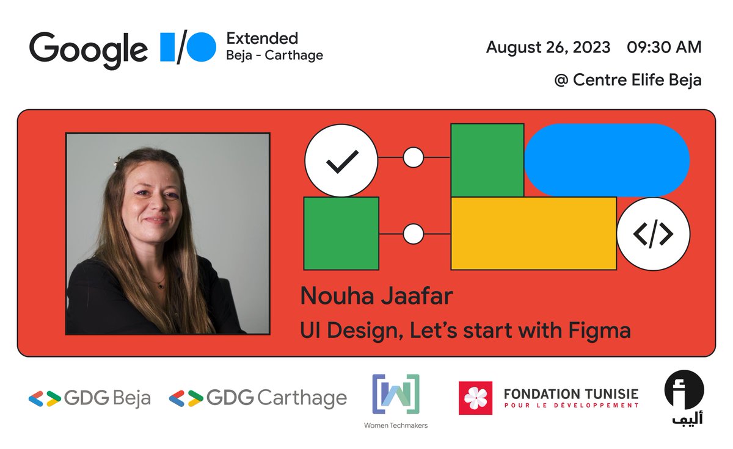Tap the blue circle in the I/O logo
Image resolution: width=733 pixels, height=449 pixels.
click(x=201, y=47)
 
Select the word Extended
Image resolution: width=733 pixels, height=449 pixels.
click(x=262, y=38)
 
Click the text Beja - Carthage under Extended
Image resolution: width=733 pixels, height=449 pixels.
click(x=274, y=56)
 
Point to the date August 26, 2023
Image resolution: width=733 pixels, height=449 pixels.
click(x=548, y=47)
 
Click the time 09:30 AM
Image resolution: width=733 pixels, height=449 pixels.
click(x=664, y=47)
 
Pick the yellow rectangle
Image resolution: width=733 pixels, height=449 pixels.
click(x=533, y=233)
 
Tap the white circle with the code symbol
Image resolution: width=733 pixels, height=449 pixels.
click(x=653, y=234)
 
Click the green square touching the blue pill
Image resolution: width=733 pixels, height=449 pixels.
click(x=487, y=160)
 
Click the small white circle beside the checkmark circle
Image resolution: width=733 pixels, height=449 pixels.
click(x=414, y=157)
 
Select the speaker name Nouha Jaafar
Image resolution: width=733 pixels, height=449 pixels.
click(x=376, y=296)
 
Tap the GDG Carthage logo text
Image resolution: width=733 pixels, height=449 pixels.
click(x=276, y=398)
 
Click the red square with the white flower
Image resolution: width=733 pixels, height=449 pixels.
click(x=475, y=398)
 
